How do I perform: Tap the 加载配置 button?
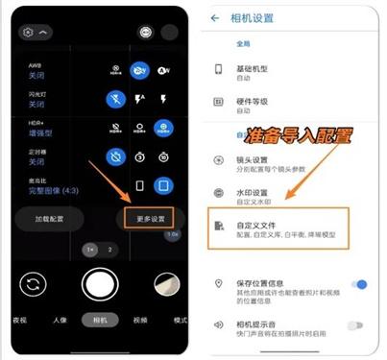(x=50, y=219)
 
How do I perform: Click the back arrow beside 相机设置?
(x=214, y=17)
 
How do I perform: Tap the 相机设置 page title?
(x=252, y=17)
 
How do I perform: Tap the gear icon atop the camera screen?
(x=28, y=32)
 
